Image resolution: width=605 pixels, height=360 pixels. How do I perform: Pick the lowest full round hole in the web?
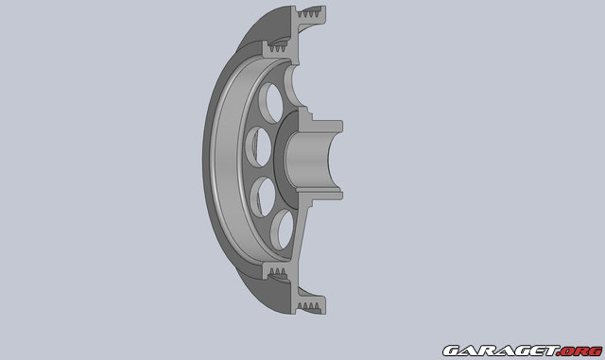click(x=282, y=227)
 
